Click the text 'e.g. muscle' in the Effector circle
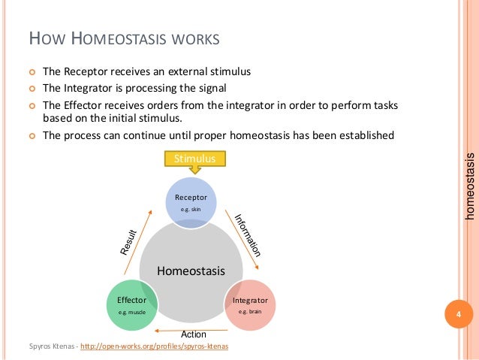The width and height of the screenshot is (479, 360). tap(131, 311)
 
